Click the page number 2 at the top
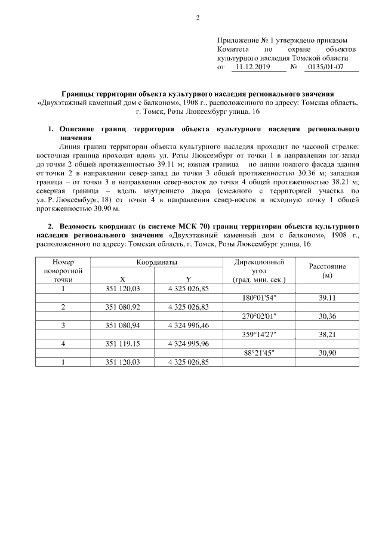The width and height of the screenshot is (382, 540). pos(198,16)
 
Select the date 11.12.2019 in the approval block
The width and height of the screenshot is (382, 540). pos(252,67)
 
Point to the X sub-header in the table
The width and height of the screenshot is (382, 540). pos(122,279)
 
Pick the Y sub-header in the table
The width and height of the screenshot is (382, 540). pos(188,279)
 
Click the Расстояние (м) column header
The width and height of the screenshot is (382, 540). pos(326,270)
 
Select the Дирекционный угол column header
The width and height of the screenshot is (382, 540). pos(259,270)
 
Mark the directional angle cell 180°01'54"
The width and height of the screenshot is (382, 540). pos(259,297)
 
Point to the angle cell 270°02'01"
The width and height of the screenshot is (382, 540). pos(259,316)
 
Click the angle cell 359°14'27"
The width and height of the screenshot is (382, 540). pos(259,334)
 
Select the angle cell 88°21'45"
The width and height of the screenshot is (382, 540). pos(259,353)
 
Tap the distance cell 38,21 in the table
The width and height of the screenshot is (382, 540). pos(326,334)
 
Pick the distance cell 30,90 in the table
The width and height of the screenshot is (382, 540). pos(326,353)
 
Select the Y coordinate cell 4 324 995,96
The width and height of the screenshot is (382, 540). pos(189,344)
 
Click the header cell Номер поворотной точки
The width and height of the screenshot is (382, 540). pos(63,270)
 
